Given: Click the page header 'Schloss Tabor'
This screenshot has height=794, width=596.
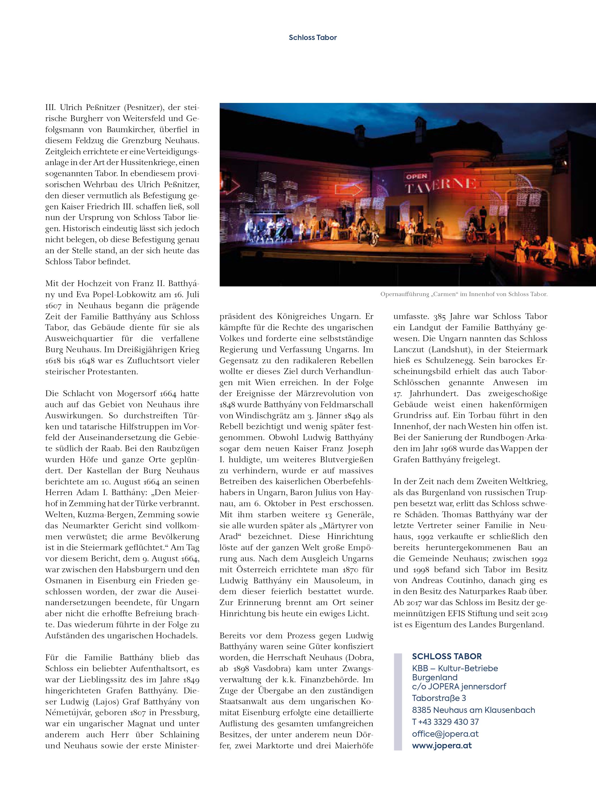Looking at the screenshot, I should pos(312,37).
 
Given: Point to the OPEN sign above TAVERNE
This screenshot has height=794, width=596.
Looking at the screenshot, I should pos(416,176).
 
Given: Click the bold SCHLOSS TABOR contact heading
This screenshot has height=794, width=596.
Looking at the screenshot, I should pos(446,656).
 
